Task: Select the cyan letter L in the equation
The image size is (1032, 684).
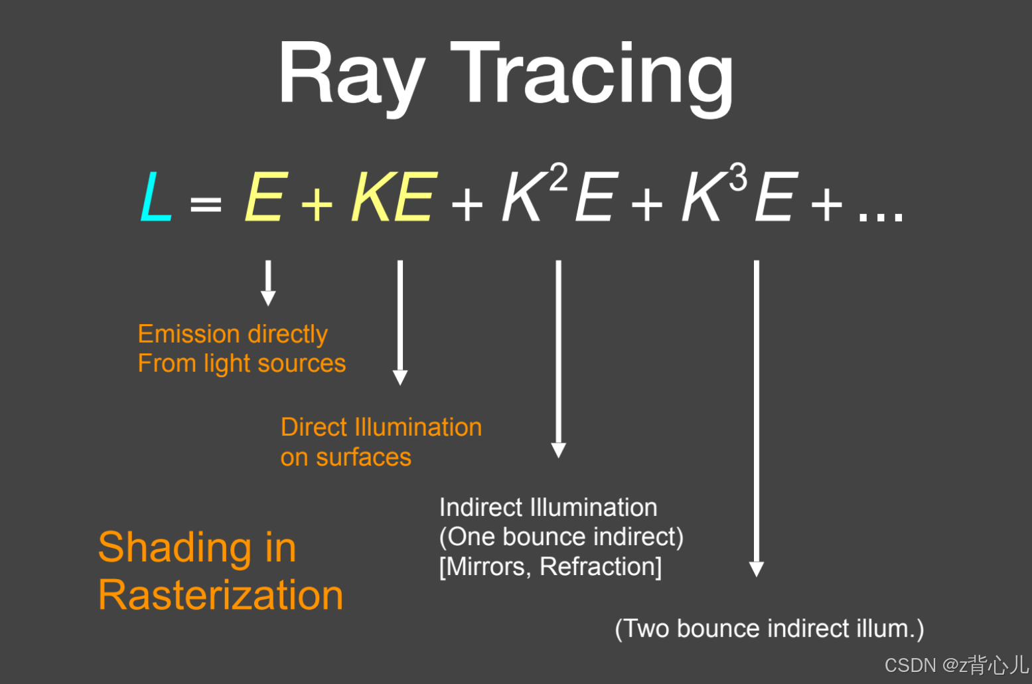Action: pyautogui.click(x=156, y=197)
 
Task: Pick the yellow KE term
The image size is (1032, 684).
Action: pyautogui.click(x=394, y=197)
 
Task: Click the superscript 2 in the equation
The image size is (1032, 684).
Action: pyautogui.click(x=559, y=178)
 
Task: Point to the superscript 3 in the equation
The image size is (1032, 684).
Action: pyautogui.click(x=738, y=178)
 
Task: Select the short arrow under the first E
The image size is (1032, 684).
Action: pyautogui.click(x=268, y=282)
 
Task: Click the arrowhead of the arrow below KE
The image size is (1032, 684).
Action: pyautogui.click(x=400, y=378)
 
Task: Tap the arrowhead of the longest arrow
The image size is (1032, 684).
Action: pyautogui.click(x=756, y=568)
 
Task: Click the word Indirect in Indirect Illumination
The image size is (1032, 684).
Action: pyautogui.click(x=480, y=507)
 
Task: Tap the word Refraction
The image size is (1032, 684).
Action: pyautogui.click(x=600, y=566)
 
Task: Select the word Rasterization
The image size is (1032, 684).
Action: pyautogui.click(x=220, y=594)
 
